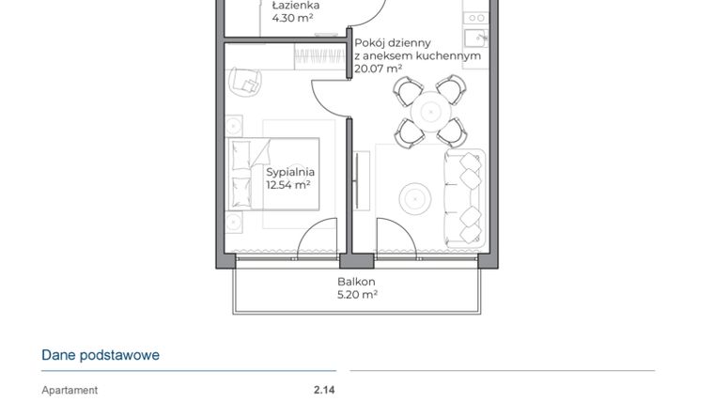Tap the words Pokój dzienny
point(393,42)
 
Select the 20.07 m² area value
point(379,69)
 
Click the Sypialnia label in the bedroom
point(289,172)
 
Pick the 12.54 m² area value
point(287,185)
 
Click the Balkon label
point(357,282)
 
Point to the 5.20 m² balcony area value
point(357,295)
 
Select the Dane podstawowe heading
point(101,355)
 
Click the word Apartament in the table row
point(70,390)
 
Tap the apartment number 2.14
point(324,390)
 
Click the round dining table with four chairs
point(429,111)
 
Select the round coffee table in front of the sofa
point(414,198)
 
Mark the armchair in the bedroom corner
point(247,82)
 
